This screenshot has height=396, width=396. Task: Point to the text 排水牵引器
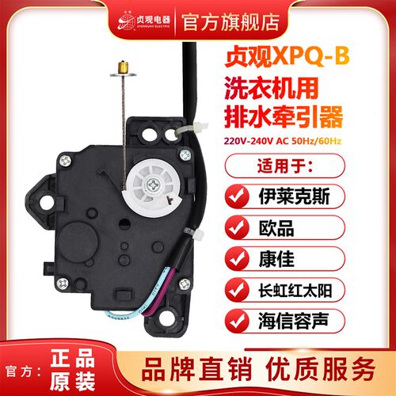pos(286,115)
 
